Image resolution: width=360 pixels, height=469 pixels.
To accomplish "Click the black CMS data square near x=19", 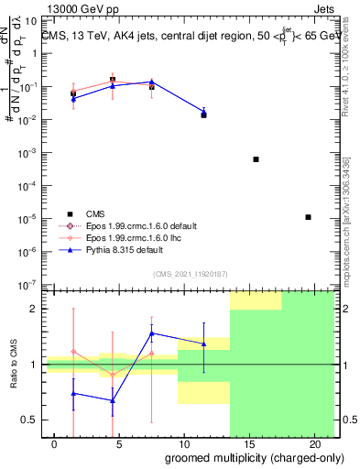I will (309, 217).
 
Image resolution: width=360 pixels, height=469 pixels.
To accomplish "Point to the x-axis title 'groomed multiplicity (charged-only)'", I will (243, 457).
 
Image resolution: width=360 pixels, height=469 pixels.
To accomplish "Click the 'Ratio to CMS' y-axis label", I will (13, 365).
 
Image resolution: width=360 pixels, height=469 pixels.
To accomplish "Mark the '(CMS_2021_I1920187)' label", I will (189, 273).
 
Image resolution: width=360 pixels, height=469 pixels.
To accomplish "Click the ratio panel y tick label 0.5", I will (30, 420).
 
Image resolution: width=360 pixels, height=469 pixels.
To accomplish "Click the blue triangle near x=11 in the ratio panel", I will (204, 344).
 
